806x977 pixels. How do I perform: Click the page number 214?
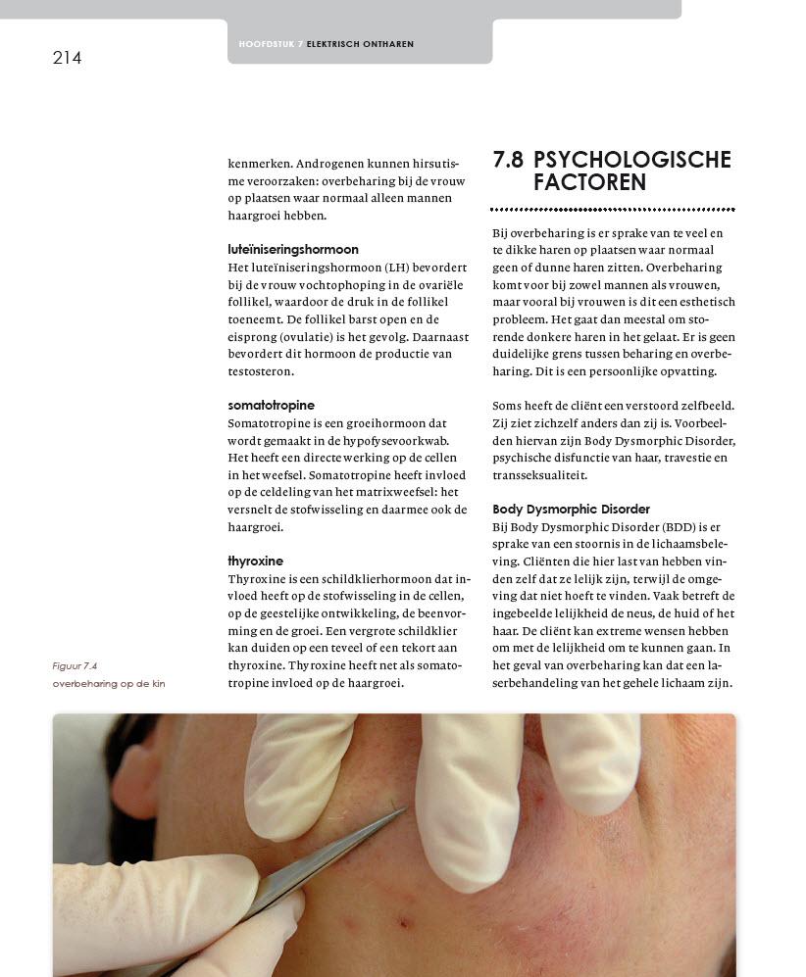[67, 58]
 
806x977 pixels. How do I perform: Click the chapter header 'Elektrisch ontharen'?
[360, 44]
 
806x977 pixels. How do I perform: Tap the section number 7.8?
[508, 160]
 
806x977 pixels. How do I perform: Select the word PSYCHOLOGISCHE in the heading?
[632, 160]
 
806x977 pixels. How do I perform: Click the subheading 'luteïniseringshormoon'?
[293, 250]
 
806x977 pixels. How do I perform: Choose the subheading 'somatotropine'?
[271, 406]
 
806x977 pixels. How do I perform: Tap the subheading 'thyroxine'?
[255, 562]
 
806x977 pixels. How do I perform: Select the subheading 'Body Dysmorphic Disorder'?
[571, 510]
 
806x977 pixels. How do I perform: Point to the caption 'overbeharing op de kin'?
[109, 684]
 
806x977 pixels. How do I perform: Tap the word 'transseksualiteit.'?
[539, 475]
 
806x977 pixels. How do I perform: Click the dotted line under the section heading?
[613, 210]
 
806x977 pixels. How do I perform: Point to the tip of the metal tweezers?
[403, 808]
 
